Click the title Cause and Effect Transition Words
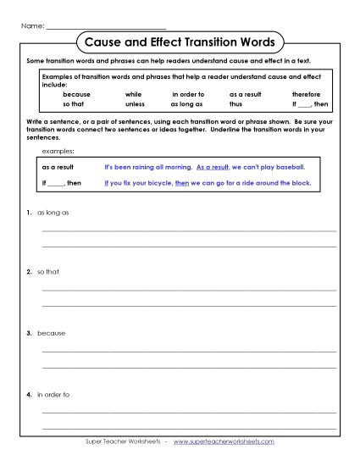click(x=180, y=42)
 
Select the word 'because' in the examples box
click(x=76, y=94)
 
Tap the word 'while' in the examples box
click(x=133, y=94)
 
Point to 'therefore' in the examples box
click(x=306, y=94)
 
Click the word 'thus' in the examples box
click(x=235, y=104)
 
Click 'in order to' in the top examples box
click(x=188, y=94)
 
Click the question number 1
click(x=29, y=213)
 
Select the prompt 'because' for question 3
click(x=51, y=333)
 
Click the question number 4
click(x=29, y=394)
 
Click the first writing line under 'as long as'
click(x=189, y=230)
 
